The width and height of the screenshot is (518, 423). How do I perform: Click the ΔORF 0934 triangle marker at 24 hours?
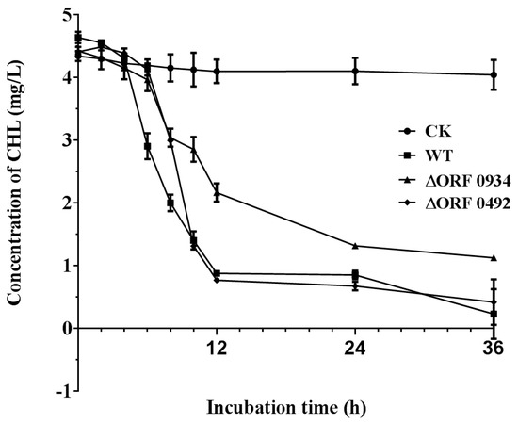(355, 246)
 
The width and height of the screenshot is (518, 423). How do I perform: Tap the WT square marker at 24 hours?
(355, 274)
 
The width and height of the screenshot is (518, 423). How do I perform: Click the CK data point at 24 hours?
(355, 71)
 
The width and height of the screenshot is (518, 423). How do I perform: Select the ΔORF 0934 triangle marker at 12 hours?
(218, 193)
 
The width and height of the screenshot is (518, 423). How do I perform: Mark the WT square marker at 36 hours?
(494, 314)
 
